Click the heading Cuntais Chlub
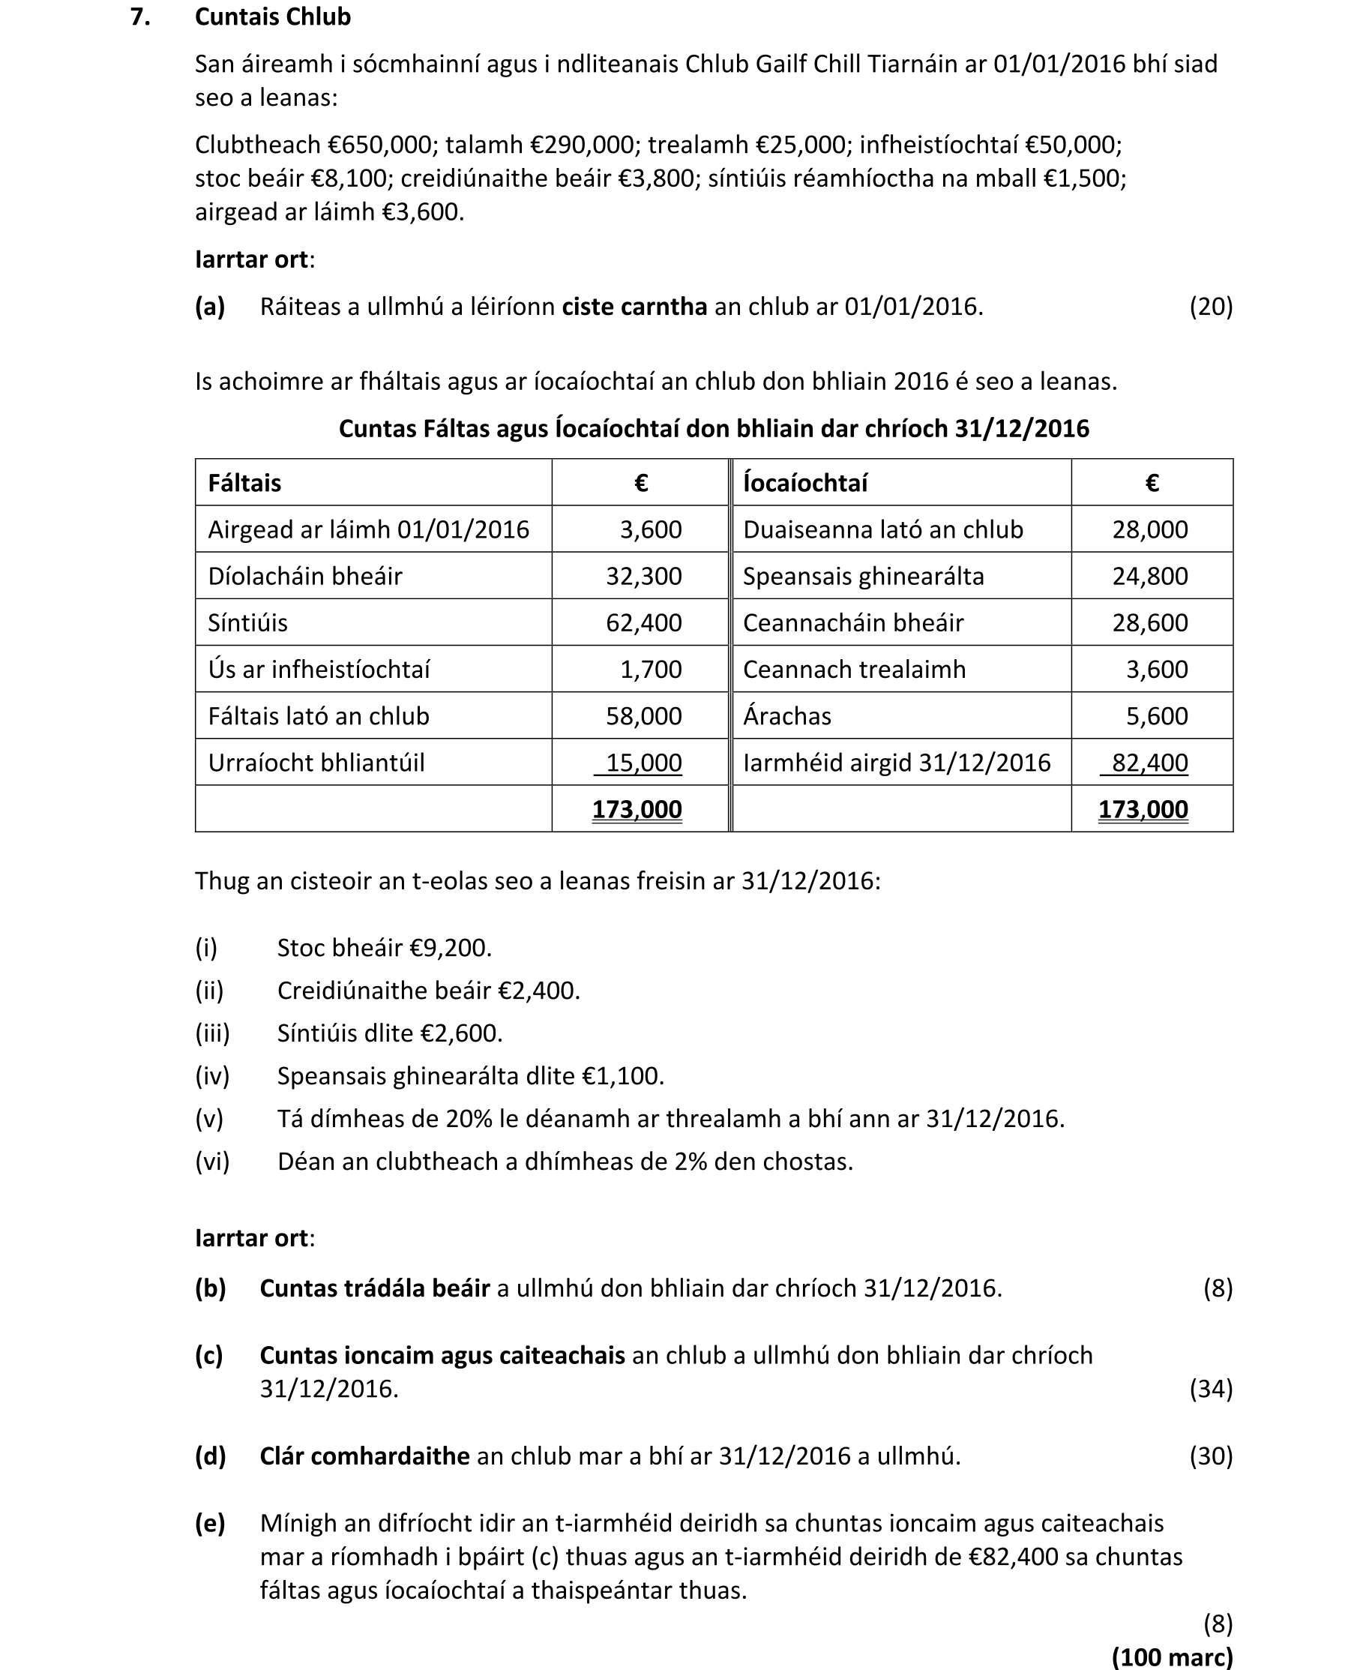coord(272,16)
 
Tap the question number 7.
coord(139,16)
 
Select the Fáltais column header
coord(244,483)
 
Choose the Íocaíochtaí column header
coord(804,483)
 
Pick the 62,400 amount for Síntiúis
coord(643,622)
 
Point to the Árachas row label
coord(786,716)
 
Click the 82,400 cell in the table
coord(1149,763)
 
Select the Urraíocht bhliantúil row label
coord(316,763)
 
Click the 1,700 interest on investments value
coord(650,669)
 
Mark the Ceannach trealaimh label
coord(853,669)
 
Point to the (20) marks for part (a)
coord(1210,306)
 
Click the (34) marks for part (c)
coord(1210,1389)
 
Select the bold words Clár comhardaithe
coord(364,1456)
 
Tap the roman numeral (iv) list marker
coord(212,1075)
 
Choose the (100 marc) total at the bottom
coord(1171,1657)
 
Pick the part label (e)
coord(210,1523)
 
